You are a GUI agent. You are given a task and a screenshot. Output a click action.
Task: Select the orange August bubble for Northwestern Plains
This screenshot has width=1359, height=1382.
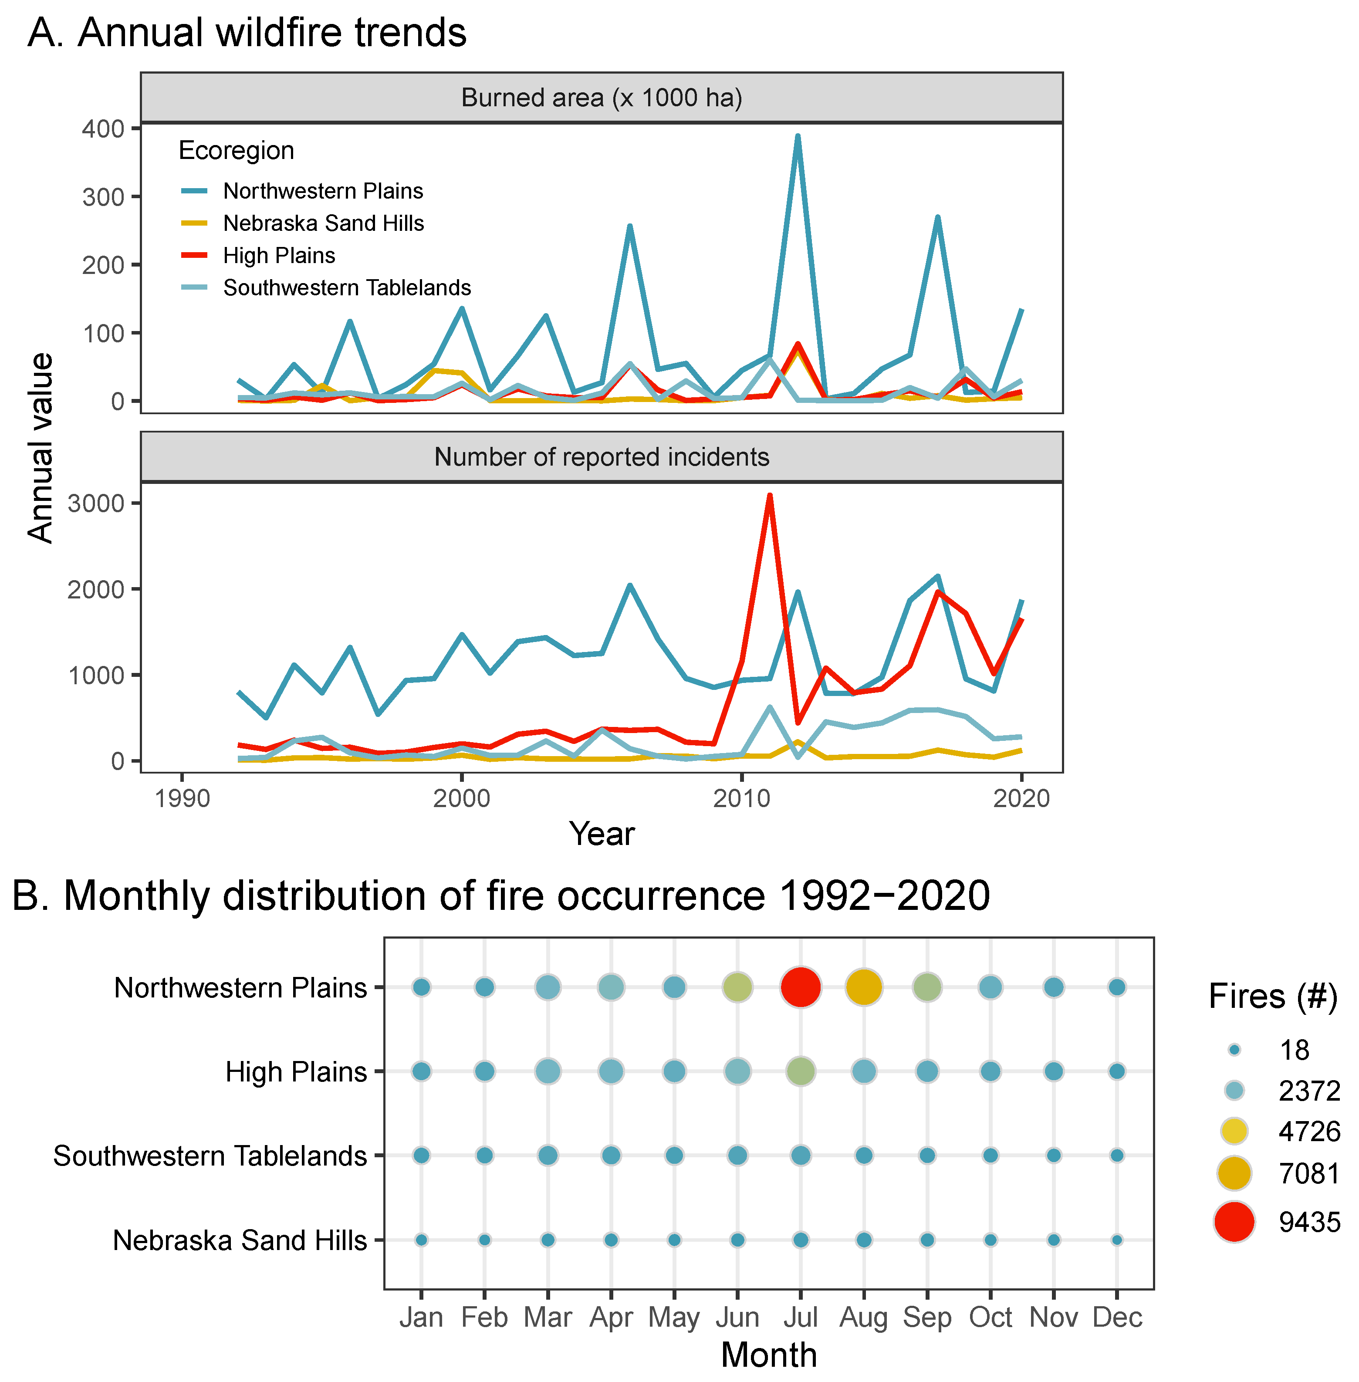coord(864,987)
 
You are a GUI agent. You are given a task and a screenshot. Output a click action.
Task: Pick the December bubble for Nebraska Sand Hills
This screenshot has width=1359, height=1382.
coord(1117,1240)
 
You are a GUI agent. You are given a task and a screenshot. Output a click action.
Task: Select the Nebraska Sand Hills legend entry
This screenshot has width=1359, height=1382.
coord(323,223)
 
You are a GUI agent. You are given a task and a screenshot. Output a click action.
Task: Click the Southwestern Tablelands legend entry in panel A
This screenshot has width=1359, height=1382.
coord(347,287)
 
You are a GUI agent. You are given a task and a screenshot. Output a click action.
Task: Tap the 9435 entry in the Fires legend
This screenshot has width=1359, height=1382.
coord(1309,1222)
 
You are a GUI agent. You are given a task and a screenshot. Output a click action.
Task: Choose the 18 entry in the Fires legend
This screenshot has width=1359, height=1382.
coord(1294,1050)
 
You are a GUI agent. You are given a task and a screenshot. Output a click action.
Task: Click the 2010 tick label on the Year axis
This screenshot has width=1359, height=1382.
coord(742,798)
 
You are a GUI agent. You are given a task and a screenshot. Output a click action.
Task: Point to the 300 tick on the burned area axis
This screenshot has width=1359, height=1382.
coord(104,197)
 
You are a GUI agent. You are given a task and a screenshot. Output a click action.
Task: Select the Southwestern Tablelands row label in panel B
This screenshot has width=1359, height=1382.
coord(210,1156)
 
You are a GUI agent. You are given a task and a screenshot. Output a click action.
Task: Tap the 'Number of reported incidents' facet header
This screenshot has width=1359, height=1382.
coord(601,457)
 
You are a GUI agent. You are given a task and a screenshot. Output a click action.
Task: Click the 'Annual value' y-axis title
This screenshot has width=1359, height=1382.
coord(41,448)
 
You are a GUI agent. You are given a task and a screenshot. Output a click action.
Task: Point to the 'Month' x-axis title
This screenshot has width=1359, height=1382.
coord(769,1354)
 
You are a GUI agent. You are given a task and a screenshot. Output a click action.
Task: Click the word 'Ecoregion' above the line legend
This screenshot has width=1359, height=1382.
coord(236,151)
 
